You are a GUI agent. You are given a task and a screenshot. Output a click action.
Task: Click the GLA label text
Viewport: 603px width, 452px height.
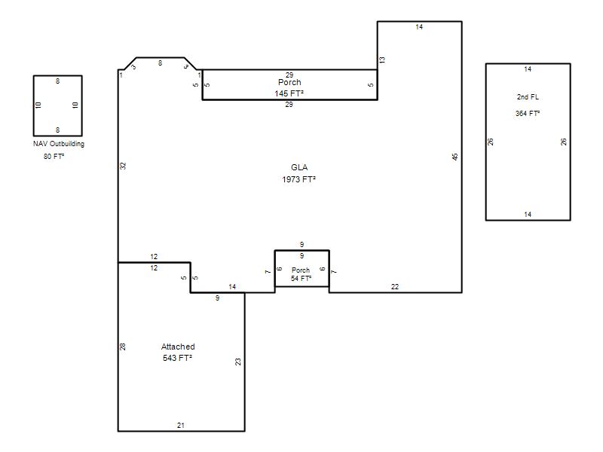pyautogui.click(x=299, y=167)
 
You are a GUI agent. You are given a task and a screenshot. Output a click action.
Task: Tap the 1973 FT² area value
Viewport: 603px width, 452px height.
pyautogui.click(x=298, y=179)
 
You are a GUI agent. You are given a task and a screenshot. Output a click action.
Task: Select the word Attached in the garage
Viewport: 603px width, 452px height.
pyautogui.click(x=178, y=347)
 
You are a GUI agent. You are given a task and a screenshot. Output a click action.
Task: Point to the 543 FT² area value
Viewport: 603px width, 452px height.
pyautogui.click(x=177, y=358)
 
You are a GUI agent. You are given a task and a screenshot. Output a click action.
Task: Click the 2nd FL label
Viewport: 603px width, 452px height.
pyautogui.click(x=528, y=97)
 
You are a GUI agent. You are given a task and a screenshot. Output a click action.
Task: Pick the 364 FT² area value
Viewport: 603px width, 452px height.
pyautogui.click(x=528, y=114)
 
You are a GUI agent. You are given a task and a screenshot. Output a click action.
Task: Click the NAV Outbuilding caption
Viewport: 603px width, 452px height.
pyautogui.click(x=59, y=144)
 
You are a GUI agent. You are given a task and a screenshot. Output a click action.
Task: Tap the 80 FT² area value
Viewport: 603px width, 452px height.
pyautogui.click(x=54, y=157)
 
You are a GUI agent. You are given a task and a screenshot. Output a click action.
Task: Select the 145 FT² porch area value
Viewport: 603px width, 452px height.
pyautogui.click(x=289, y=93)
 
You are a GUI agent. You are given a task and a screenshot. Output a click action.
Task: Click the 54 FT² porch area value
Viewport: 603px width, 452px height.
pyautogui.click(x=301, y=278)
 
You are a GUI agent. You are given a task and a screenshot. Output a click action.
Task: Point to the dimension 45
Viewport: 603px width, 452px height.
pyautogui.click(x=455, y=157)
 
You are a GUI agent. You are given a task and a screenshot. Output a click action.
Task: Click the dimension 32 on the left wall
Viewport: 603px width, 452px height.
pyautogui.click(x=123, y=166)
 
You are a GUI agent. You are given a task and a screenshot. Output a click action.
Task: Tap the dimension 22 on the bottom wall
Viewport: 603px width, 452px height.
pyautogui.click(x=395, y=286)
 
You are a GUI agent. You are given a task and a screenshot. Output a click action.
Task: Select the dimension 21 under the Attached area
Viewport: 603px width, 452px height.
pyautogui.click(x=181, y=425)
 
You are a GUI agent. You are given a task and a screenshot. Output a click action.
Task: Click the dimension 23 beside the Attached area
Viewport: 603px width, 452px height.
pyautogui.click(x=238, y=362)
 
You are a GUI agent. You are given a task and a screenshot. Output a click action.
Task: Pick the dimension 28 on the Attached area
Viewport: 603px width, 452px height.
pyautogui.click(x=123, y=347)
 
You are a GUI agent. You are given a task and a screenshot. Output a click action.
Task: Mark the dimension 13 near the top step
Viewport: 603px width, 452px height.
pyautogui.click(x=382, y=60)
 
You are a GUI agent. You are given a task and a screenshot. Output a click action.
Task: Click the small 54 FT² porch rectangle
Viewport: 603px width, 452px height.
pyautogui.click(x=302, y=251)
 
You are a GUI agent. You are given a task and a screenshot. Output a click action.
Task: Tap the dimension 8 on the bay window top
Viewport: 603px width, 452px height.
pyautogui.click(x=160, y=63)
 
